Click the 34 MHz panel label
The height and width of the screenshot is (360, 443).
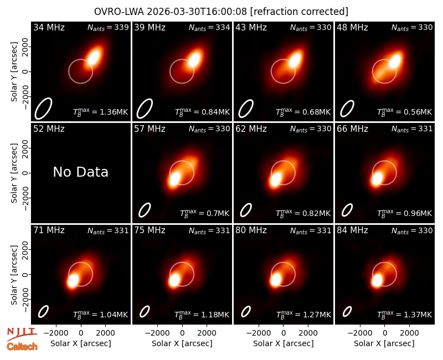pos(49,27)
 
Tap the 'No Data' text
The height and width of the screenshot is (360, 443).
pos(80,172)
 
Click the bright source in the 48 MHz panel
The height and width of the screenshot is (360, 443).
pos(395,61)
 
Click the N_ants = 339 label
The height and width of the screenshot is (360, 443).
pos(108,27)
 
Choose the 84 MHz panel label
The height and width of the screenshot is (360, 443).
pos(352,230)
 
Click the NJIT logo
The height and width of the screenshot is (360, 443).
pos(22,334)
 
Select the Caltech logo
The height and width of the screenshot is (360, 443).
pos(22,347)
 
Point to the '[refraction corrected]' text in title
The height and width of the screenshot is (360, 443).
pos(299,12)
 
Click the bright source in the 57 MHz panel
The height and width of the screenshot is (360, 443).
pos(174,179)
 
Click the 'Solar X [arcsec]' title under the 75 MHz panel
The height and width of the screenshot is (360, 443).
pos(182,343)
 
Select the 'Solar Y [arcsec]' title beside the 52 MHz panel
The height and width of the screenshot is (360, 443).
pos(14,173)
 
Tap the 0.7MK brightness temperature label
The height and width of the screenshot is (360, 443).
pos(204,213)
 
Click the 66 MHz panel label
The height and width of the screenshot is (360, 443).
pos(352,129)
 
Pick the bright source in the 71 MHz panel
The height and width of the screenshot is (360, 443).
pos(73,281)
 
